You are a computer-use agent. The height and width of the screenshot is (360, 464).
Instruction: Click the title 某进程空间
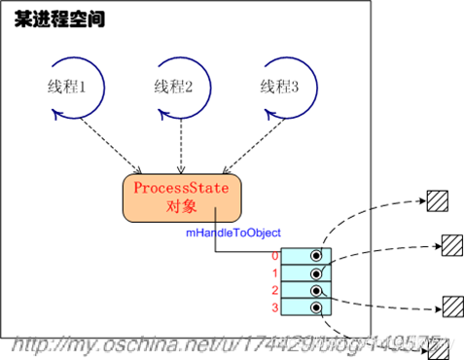coord(59,18)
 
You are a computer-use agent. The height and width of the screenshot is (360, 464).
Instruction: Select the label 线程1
coord(68,88)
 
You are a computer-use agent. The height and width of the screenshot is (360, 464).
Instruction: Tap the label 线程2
coord(175,88)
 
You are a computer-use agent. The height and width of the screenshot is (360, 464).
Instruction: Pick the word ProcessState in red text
coord(180,188)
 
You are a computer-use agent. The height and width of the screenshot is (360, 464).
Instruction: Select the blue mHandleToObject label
coord(233,234)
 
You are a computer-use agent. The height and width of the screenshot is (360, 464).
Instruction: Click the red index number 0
coord(275,256)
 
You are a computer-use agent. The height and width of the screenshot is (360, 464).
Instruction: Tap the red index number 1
coord(275,273)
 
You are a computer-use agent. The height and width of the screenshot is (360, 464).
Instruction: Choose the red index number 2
coord(275,291)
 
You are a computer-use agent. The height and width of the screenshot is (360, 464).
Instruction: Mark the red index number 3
coord(275,308)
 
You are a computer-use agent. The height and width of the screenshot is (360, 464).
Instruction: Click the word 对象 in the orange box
coord(180,207)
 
